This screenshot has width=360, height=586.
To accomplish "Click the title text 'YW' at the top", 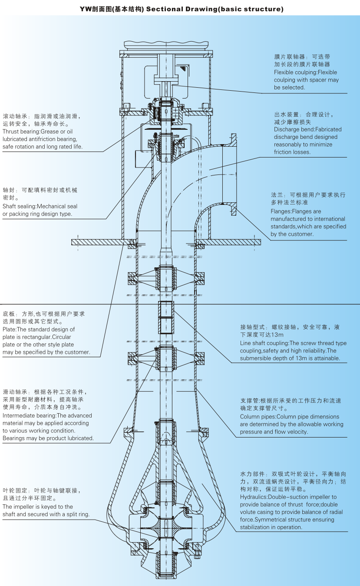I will tap(85, 9).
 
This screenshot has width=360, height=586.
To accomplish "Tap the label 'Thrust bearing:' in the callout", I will tap(21, 132).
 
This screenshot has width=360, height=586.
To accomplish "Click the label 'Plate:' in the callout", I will tap(10, 329).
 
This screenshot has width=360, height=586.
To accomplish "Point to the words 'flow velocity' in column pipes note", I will tap(291, 432).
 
